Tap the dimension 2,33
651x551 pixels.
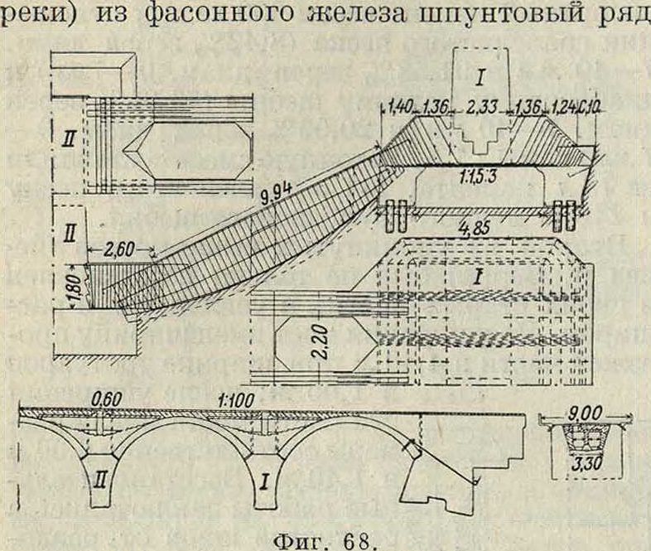point(480,107)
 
